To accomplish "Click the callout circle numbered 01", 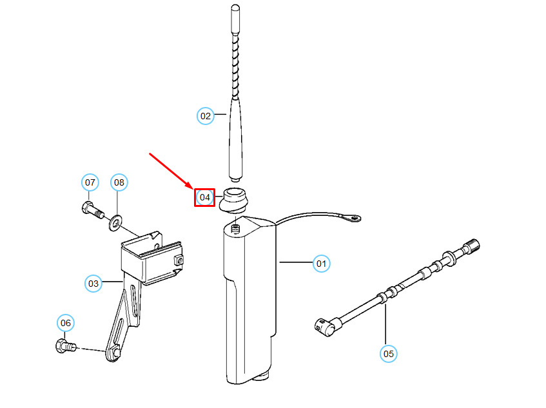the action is [x=321, y=263].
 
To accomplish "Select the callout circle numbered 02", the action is [x=205, y=116].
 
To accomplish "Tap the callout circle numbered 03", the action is [x=93, y=283].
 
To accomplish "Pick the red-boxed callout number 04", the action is [x=204, y=197].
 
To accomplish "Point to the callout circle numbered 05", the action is [x=388, y=353].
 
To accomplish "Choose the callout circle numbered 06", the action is [x=66, y=323].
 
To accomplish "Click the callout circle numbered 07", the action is [x=90, y=183].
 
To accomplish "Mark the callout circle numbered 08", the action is [x=119, y=183].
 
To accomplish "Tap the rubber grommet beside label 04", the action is [x=235, y=199].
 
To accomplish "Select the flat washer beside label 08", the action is [x=115, y=222].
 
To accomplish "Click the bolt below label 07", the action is [x=92, y=209].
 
